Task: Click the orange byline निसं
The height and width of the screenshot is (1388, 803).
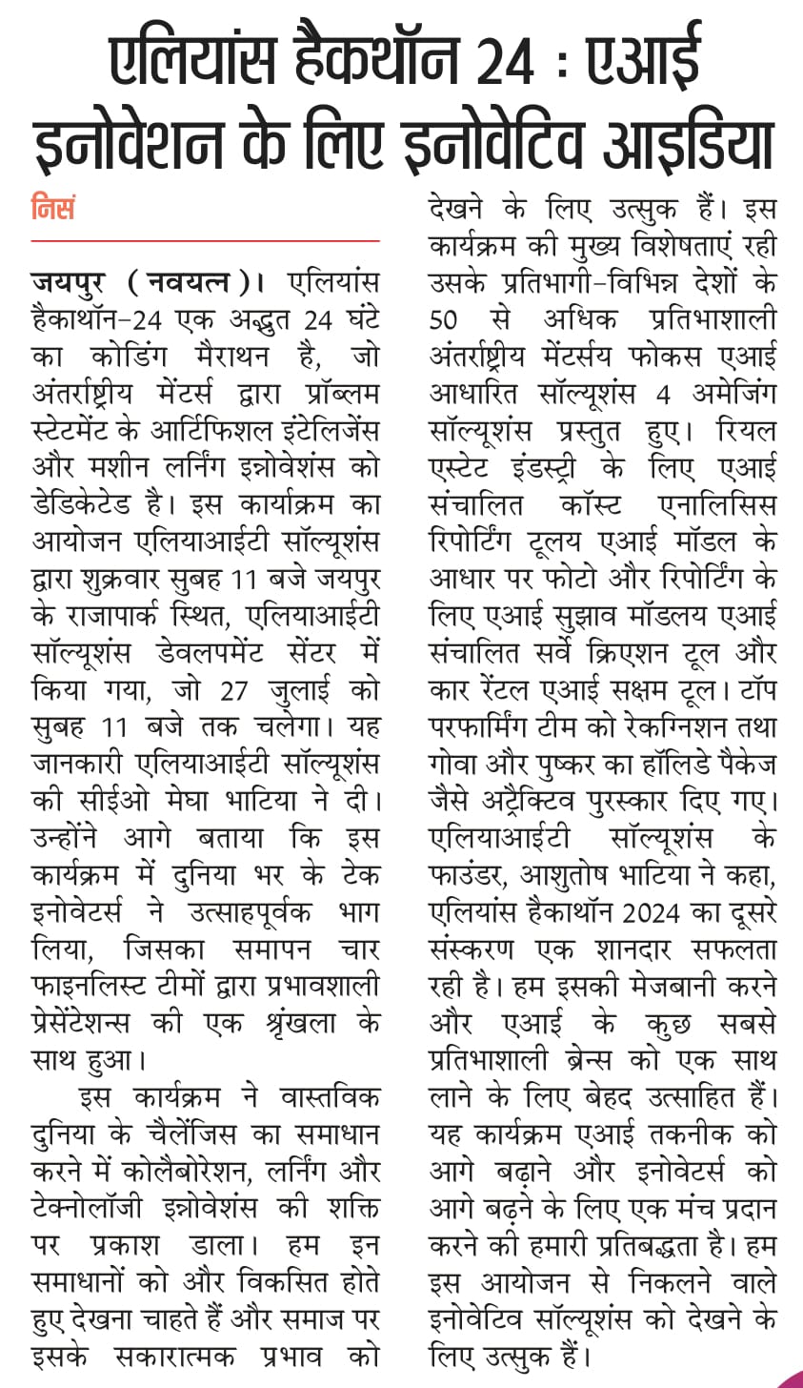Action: click(x=53, y=208)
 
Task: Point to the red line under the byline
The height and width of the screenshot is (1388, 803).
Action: click(x=205, y=241)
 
